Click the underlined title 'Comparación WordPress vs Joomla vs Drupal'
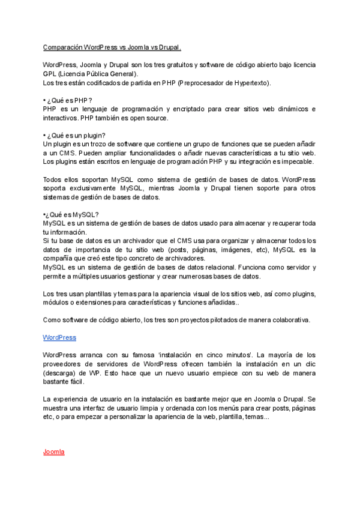click(x=112, y=47)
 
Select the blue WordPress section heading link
click(x=59, y=338)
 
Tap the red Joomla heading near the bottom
click(x=53, y=452)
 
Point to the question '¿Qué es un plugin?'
click(x=76, y=136)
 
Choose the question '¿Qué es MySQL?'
click(x=71, y=214)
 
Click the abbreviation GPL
click(x=50, y=73)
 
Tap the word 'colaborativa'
click(x=287, y=320)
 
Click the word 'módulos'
click(x=57, y=303)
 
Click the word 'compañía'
click(x=62, y=259)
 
